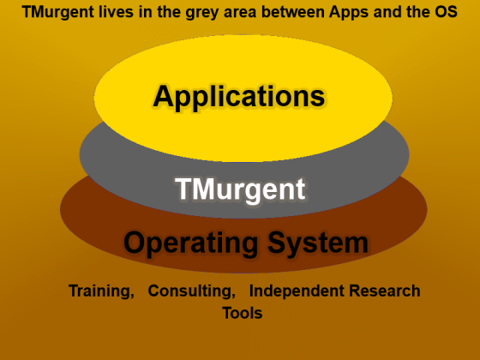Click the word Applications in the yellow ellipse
[239, 98]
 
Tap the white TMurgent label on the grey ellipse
[240, 189]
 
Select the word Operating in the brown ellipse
[190, 243]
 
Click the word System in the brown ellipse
[318, 243]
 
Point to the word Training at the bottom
[101, 291]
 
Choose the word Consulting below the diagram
[192, 291]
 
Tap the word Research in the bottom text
[385, 291]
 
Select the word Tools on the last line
[243, 313]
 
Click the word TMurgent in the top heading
[58, 12]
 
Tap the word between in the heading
[293, 12]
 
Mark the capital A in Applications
[164, 95]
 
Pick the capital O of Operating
[135, 243]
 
